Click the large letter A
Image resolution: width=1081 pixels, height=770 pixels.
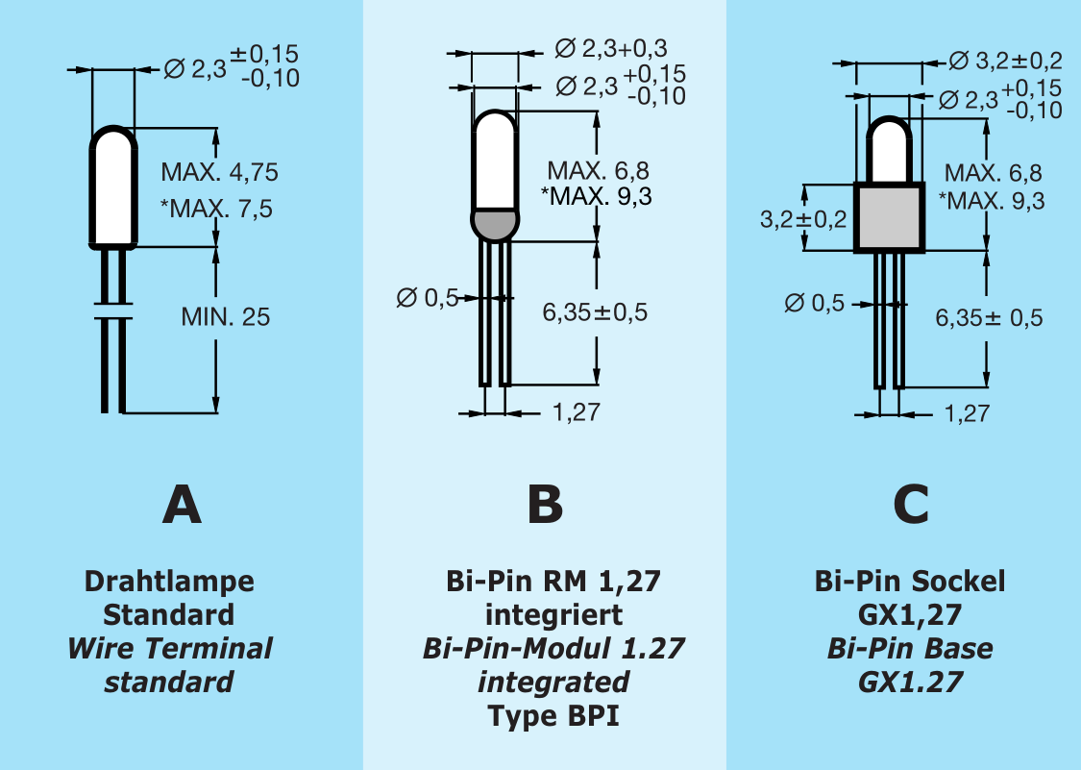point(182,504)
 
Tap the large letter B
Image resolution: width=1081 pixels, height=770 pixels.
point(545,504)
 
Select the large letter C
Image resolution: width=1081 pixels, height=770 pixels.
point(911,504)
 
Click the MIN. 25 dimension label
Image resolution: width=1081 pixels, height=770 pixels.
point(226,316)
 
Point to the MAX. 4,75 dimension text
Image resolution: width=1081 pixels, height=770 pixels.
point(219,173)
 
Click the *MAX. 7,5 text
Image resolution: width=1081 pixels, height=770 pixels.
point(216,208)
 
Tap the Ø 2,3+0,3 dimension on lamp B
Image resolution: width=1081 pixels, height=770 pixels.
point(611,48)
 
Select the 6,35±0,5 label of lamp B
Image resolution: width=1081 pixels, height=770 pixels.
point(595,312)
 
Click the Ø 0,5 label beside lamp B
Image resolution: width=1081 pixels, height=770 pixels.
point(428,298)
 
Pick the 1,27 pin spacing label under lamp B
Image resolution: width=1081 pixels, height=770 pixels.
point(576,413)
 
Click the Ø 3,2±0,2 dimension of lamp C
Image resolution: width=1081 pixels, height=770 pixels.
point(1005,62)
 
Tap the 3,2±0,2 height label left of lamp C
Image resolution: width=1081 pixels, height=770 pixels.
point(803,219)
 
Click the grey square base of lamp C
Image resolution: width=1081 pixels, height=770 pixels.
point(890,217)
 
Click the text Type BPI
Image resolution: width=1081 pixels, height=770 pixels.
point(553,716)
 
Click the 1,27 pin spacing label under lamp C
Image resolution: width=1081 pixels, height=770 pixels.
point(966,414)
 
